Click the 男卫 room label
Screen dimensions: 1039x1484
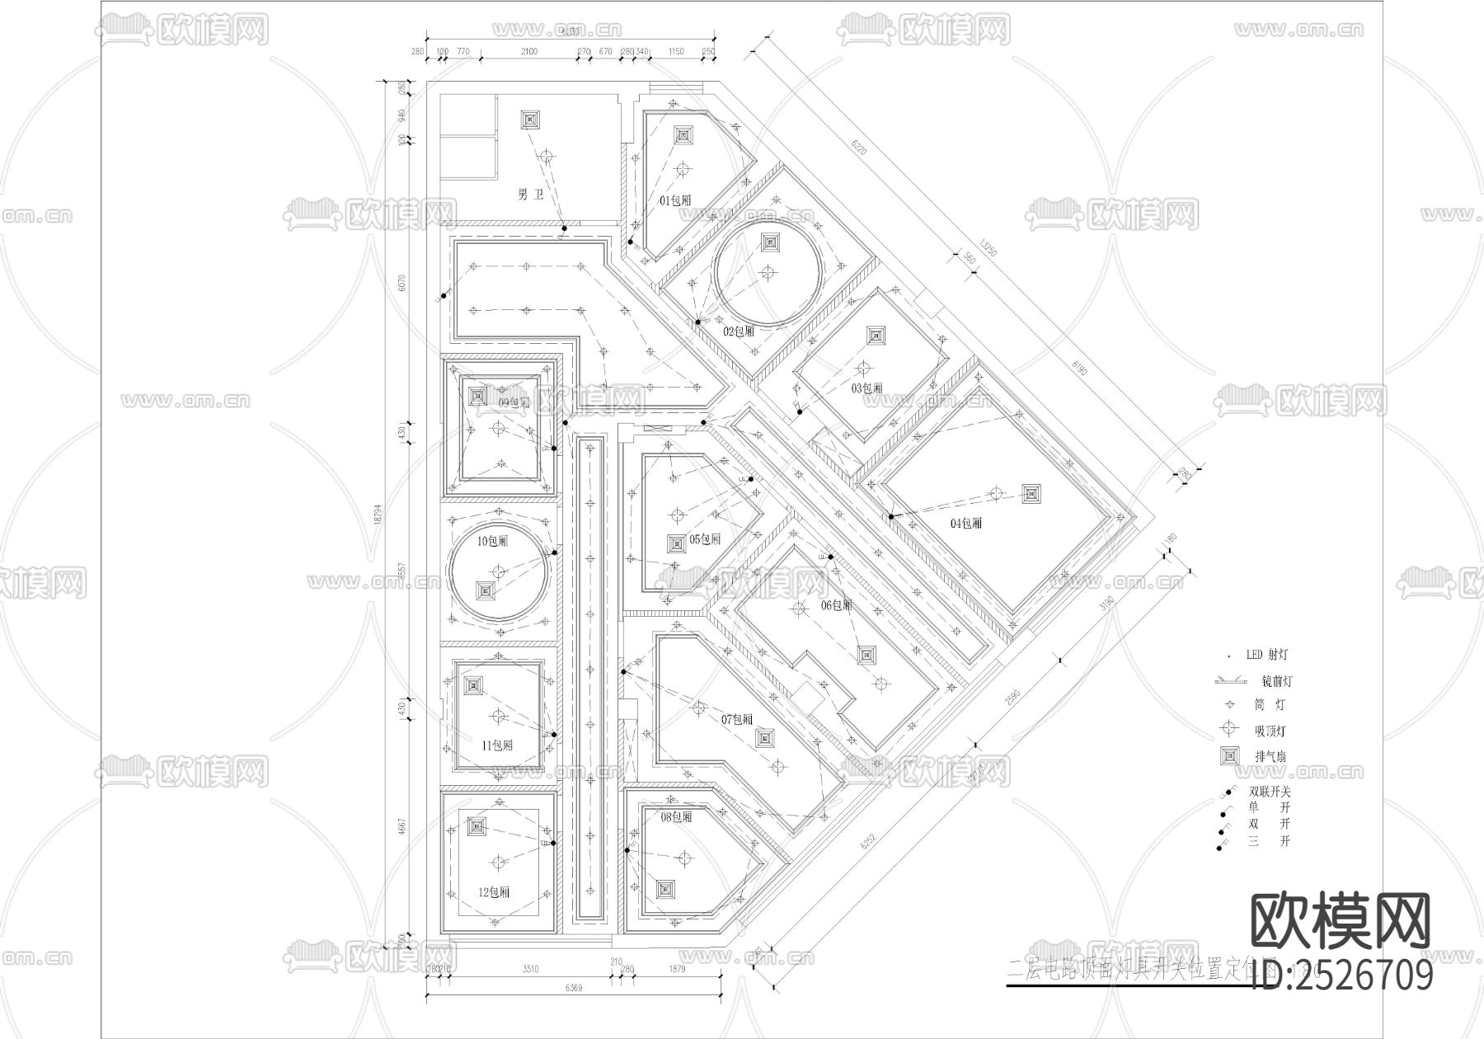[531, 195]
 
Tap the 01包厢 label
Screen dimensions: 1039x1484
[675, 200]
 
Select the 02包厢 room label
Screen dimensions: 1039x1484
[739, 331]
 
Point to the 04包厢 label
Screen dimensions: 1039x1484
[966, 523]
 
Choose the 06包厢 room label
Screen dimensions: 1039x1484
[836, 604]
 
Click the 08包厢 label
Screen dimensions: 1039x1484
[677, 817]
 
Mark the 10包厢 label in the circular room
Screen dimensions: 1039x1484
[492, 541]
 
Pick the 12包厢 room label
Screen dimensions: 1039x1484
[493, 892]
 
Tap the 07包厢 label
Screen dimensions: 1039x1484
[737, 719]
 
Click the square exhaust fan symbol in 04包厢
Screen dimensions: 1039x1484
[1031, 494]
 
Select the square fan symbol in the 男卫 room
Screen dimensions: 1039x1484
[529, 120]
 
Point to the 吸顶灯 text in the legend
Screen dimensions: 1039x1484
[1270, 731]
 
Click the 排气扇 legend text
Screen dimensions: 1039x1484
[1270, 756]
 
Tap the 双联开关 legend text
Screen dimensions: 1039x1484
[1270, 791]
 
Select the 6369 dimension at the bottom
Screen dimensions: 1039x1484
[574, 987]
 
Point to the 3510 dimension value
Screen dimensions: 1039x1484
[530, 969]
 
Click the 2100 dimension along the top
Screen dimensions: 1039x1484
[528, 51]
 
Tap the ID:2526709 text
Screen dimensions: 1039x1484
[1342, 976]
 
